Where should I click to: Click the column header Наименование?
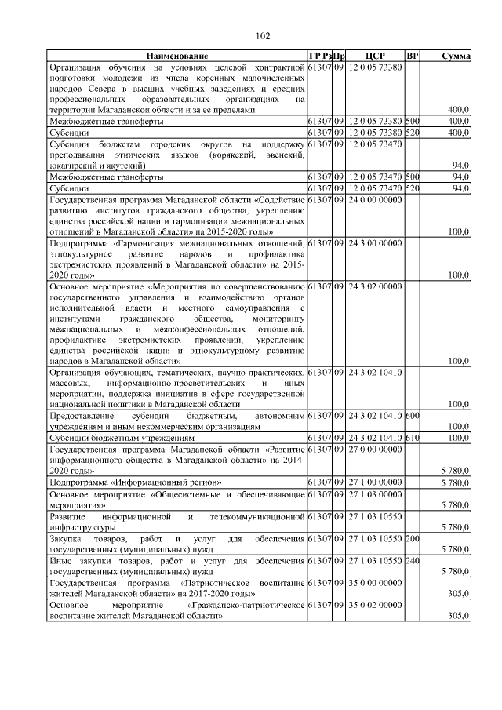176,56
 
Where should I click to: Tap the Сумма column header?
455,56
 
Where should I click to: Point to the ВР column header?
413,56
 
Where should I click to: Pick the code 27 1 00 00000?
376,481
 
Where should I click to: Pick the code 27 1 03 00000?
376,496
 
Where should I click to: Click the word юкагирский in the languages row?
71,167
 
